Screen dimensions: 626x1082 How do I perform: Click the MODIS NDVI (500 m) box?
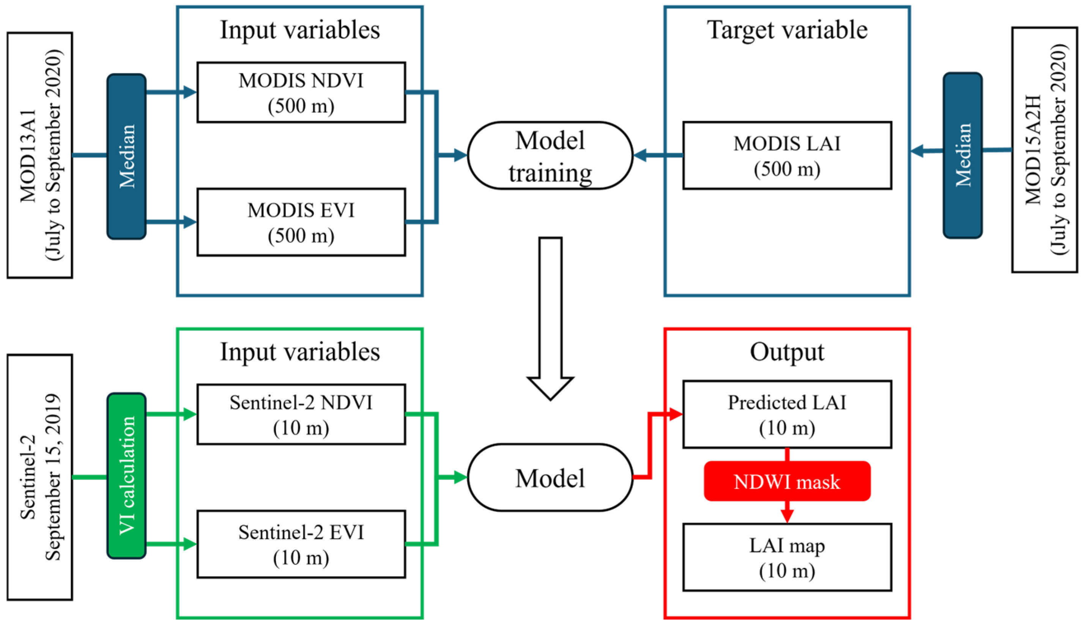[301, 92]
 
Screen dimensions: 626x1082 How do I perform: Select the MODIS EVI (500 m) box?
[301, 222]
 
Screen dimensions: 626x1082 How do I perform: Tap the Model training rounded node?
[550, 155]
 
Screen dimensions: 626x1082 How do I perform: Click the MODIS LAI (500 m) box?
[787, 155]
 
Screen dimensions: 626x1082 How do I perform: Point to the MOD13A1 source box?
[39, 155]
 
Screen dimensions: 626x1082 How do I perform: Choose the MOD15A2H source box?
[1044, 150]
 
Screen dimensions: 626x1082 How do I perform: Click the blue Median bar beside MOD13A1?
[126, 156]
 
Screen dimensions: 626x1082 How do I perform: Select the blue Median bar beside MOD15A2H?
[962, 155]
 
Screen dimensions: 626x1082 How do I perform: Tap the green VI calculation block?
[126, 476]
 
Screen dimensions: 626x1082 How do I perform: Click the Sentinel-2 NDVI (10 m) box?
[301, 414]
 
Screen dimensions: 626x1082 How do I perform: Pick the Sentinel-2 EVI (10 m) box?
[301, 544]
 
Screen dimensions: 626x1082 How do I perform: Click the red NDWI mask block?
[787, 481]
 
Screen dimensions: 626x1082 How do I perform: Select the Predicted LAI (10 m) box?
[787, 414]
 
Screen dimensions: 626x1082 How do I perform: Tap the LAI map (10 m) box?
[787, 557]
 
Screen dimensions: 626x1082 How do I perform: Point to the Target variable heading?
[787, 30]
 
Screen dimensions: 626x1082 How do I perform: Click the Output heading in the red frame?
[787, 352]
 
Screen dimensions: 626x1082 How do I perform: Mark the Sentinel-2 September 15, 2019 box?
[39, 477]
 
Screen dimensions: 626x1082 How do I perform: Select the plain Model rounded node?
[550, 477]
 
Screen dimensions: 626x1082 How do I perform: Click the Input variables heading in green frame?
[300, 352]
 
